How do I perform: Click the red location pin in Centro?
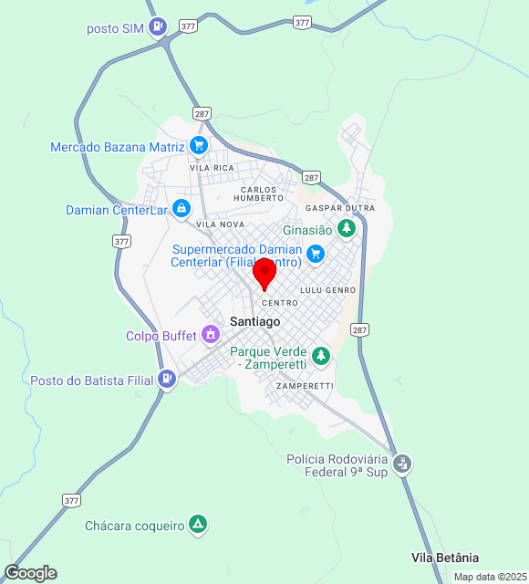tap(264, 273)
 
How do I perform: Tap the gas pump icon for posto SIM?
tap(160, 27)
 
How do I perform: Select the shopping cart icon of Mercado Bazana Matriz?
tap(198, 146)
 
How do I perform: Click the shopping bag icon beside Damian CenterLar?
tap(182, 210)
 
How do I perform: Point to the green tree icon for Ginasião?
tap(346, 229)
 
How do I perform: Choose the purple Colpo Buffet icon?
tap(212, 335)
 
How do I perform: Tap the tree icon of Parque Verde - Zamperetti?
tap(320, 356)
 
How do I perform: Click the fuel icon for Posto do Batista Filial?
tap(166, 379)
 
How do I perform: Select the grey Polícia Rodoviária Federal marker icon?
tap(402, 464)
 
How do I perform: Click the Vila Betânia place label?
tap(445, 558)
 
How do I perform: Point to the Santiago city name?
tap(255, 321)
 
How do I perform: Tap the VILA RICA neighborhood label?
tap(212, 168)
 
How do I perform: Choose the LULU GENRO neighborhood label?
tap(328, 289)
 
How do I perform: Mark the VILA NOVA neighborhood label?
tap(221, 224)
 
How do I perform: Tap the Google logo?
tap(30, 573)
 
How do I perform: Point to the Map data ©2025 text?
tap(490, 577)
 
